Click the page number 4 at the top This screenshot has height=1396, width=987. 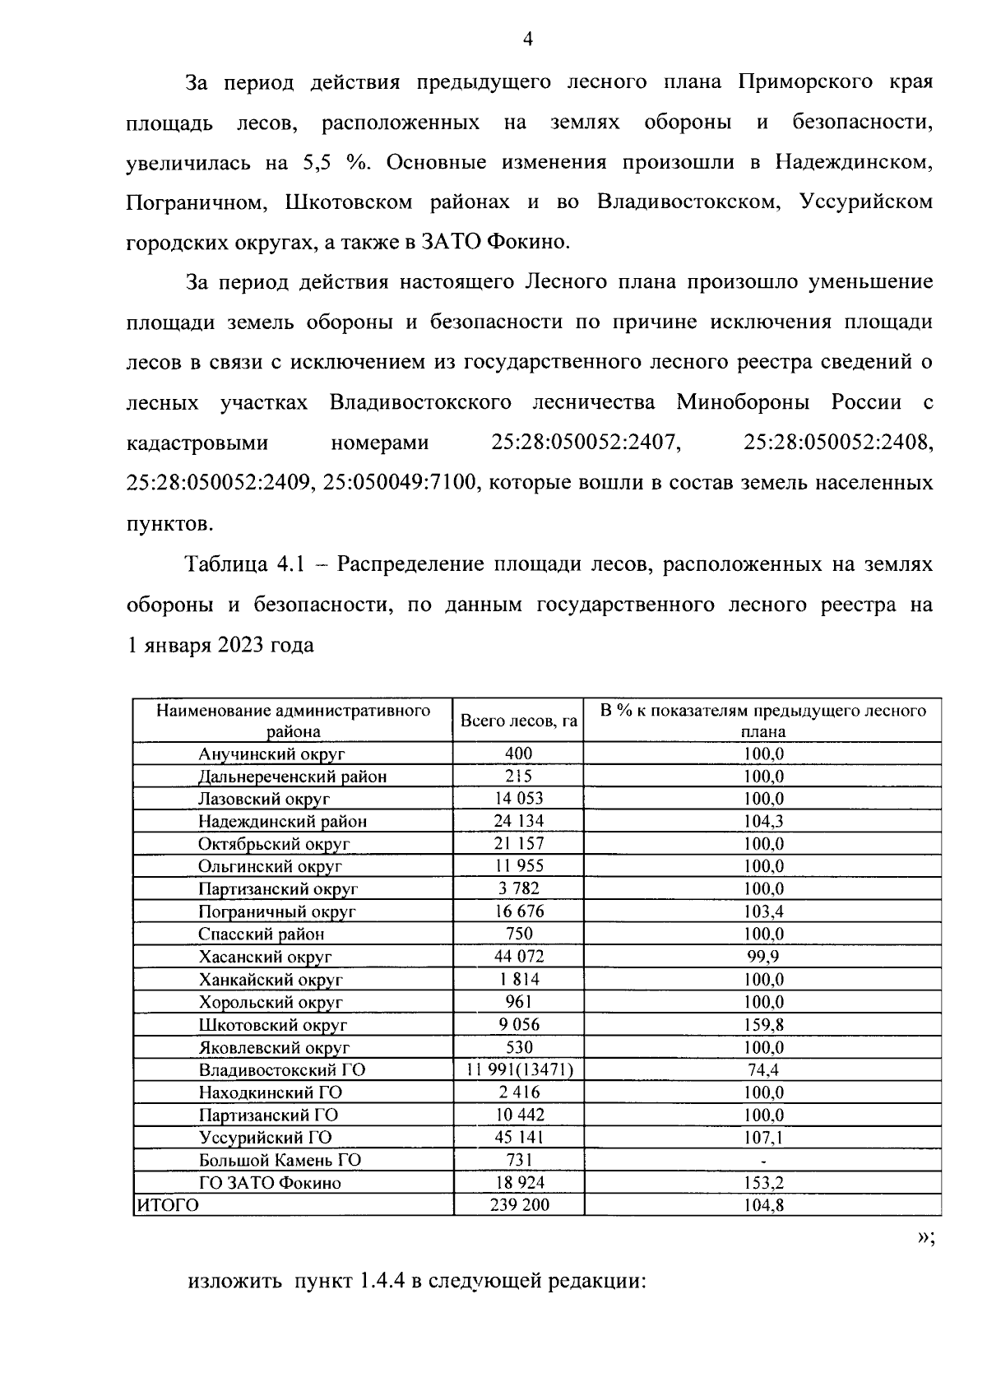pyautogui.click(x=528, y=39)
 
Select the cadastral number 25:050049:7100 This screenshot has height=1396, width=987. pyautogui.click(x=400, y=483)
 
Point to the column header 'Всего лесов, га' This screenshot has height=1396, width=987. pyautogui.click(x=518, y=721)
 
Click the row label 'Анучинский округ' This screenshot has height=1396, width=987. pyautogui.click(x=271, y=754)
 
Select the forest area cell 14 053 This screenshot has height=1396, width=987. pyautogui.click(x=518, y=799)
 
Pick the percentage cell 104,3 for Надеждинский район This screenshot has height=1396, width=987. pyautogui.click(x=762, y=821)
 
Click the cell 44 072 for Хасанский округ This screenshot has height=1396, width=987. pyautogui.click(x=518, y=957)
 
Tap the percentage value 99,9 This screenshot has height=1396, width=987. pyautogui.click(x=762, y=957)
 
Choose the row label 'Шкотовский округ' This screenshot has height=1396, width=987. pyautogui.click(x=272, y=1025)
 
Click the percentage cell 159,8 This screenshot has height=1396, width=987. pyautogui.click(x=762, y=1025)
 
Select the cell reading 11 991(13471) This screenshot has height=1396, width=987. pyautogui.click(x=518, y=1070)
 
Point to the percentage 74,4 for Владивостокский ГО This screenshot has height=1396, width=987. pyautogui.click(x=762, y=1070)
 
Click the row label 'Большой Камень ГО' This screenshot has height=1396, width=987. pyautogui.click(x=280, y=1161)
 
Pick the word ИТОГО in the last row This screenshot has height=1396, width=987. pyautogui.click(x=167, y=1206)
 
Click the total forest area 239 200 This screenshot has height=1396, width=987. pyautogui.click(x=518, y=1206)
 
